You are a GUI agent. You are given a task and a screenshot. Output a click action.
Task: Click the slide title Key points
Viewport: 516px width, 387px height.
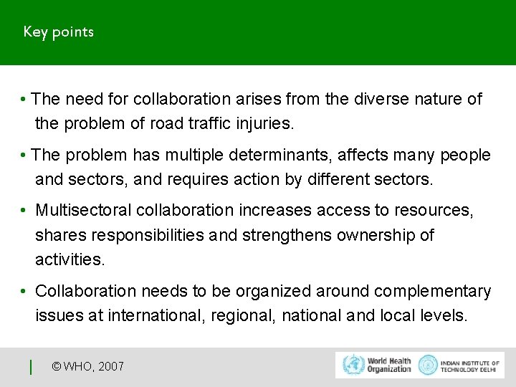58,32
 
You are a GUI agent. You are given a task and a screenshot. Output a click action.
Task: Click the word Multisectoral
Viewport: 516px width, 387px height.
83,211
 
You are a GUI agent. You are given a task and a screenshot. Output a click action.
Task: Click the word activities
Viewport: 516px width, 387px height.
70,259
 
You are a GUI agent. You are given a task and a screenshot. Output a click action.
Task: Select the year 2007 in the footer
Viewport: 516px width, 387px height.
110,367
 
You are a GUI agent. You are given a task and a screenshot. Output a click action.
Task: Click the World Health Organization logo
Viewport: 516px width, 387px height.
377,365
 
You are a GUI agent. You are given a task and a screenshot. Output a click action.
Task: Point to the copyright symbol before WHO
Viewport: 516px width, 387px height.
57,367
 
